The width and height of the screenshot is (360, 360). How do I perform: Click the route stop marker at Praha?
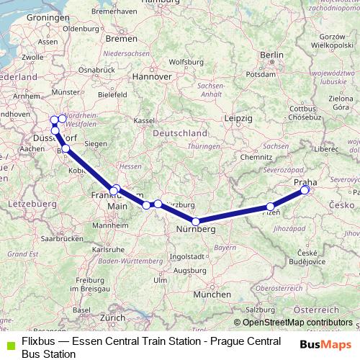click(305, 190)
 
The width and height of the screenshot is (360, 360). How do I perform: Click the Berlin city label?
click(272, 55)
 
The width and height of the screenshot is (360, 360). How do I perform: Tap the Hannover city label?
click(156, 76)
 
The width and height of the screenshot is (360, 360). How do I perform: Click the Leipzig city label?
click(238, 117)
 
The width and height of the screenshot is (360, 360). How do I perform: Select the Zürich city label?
click(112, 317)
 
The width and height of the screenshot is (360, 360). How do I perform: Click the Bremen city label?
click(116, 39)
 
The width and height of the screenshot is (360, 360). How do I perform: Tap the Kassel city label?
click(145, 120)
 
